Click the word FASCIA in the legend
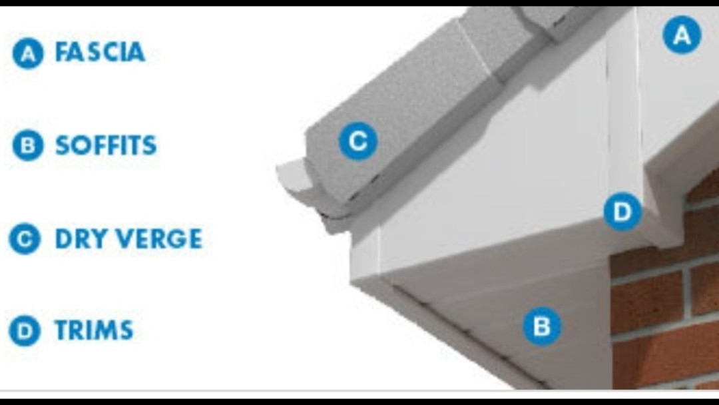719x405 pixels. tap(100, 51)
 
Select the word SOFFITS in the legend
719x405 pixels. tap(106, 145)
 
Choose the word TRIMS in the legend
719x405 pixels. tap(94, 330)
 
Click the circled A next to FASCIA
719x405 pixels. tap(28, 53)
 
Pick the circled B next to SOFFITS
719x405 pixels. tap(28, 145)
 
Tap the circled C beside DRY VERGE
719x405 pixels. tap(25, 238)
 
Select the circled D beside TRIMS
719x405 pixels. tap(25, 330)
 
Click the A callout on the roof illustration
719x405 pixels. tap(682, 35)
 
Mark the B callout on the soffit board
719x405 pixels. tap(542, 326)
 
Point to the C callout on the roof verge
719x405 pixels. tap(358, 141)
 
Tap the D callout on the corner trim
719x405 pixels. tap(622, 211)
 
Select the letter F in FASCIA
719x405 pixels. tap(62, 51)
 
